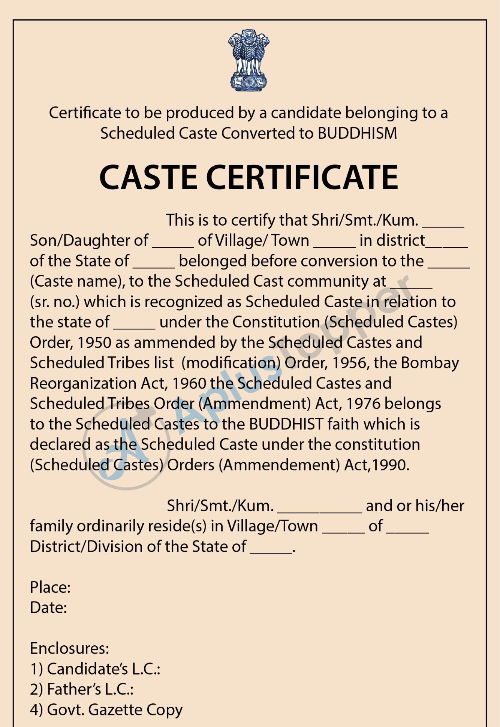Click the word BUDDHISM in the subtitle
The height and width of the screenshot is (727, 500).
pyautogui.click(x=357, y=133)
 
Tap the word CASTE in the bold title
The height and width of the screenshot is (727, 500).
pyautogui.click(x=148, y=177)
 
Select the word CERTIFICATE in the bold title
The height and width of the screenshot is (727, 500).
pyautogui.click(x=302, y=177)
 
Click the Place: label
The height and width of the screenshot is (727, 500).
pyautogui.click(x=50, y=587)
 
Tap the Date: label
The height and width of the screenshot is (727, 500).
pyautogui.click(x=48, y=607)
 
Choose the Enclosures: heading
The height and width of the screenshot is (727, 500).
pyautogui.click(x=70, y=648)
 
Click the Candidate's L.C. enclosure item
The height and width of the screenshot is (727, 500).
pyautogui.click(x=95, y=669)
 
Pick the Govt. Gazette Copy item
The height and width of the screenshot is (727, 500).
pyautogui.click(x=106, y=710)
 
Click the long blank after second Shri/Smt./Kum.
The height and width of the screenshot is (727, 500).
pyautogui.click(x=319, y=510)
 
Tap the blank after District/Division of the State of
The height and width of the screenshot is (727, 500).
pyautogui.click(x=271, y=550)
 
